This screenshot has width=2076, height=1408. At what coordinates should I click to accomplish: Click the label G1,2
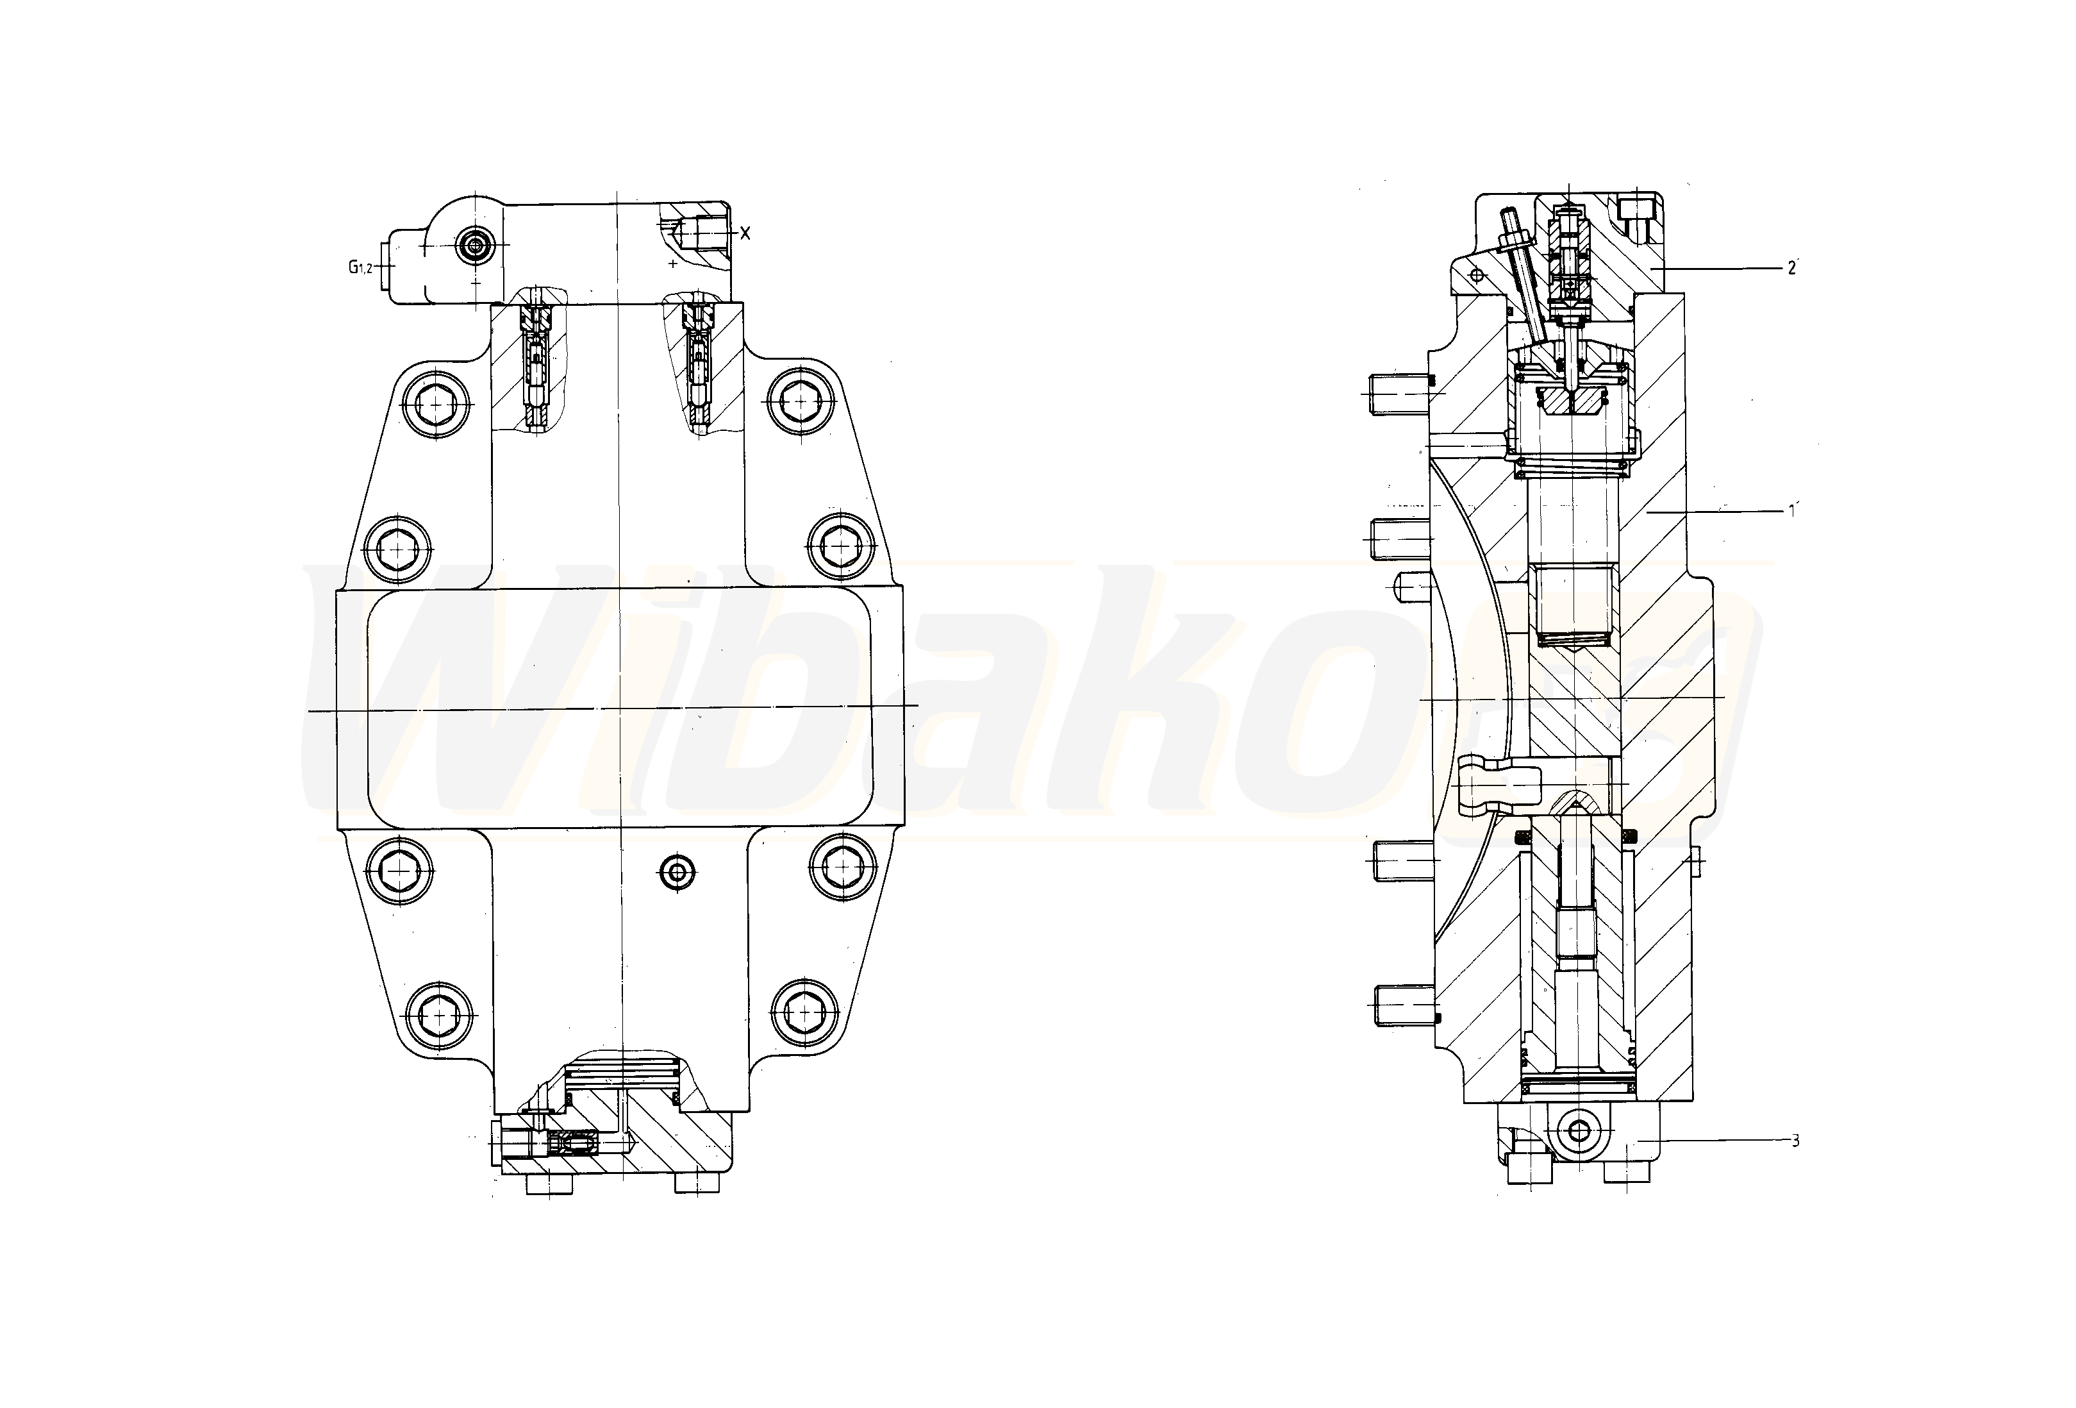(x=360, y=266)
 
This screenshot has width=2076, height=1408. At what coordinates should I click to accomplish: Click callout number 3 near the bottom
(x=1795, y=1141)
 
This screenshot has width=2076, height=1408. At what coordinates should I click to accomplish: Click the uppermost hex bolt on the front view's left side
(x=435, y=405)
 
